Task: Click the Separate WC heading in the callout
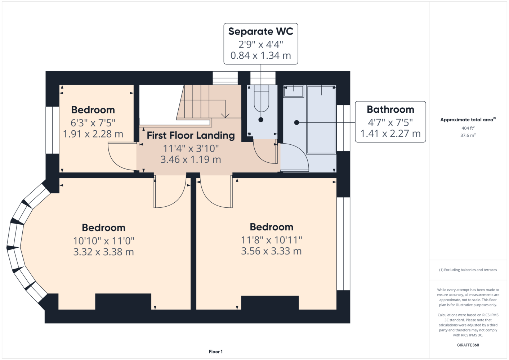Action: coord(261,31)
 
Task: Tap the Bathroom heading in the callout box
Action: coord(390,109)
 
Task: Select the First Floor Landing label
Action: coord(191,135)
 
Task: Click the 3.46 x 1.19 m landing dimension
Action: coord(191,159)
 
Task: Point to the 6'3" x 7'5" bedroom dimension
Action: coord(93,123)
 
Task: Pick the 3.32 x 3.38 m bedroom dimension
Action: coord(104,252)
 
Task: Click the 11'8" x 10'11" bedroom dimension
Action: coord(271,240)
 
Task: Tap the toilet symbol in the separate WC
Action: coord(261,98)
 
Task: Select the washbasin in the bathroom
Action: coord(294,91)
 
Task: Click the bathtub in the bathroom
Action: coord(321,120)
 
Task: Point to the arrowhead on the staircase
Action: coord(225,116)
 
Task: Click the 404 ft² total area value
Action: coord(468,128)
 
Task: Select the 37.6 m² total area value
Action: coord(468,135)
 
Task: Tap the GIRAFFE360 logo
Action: coord(468,345)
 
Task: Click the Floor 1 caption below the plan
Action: coord(216,352)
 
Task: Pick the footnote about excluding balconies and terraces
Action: coord(468,270)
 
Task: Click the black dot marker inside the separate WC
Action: coord(261,120)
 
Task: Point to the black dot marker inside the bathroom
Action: coord(296,123)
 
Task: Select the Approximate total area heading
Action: coord(468,120)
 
